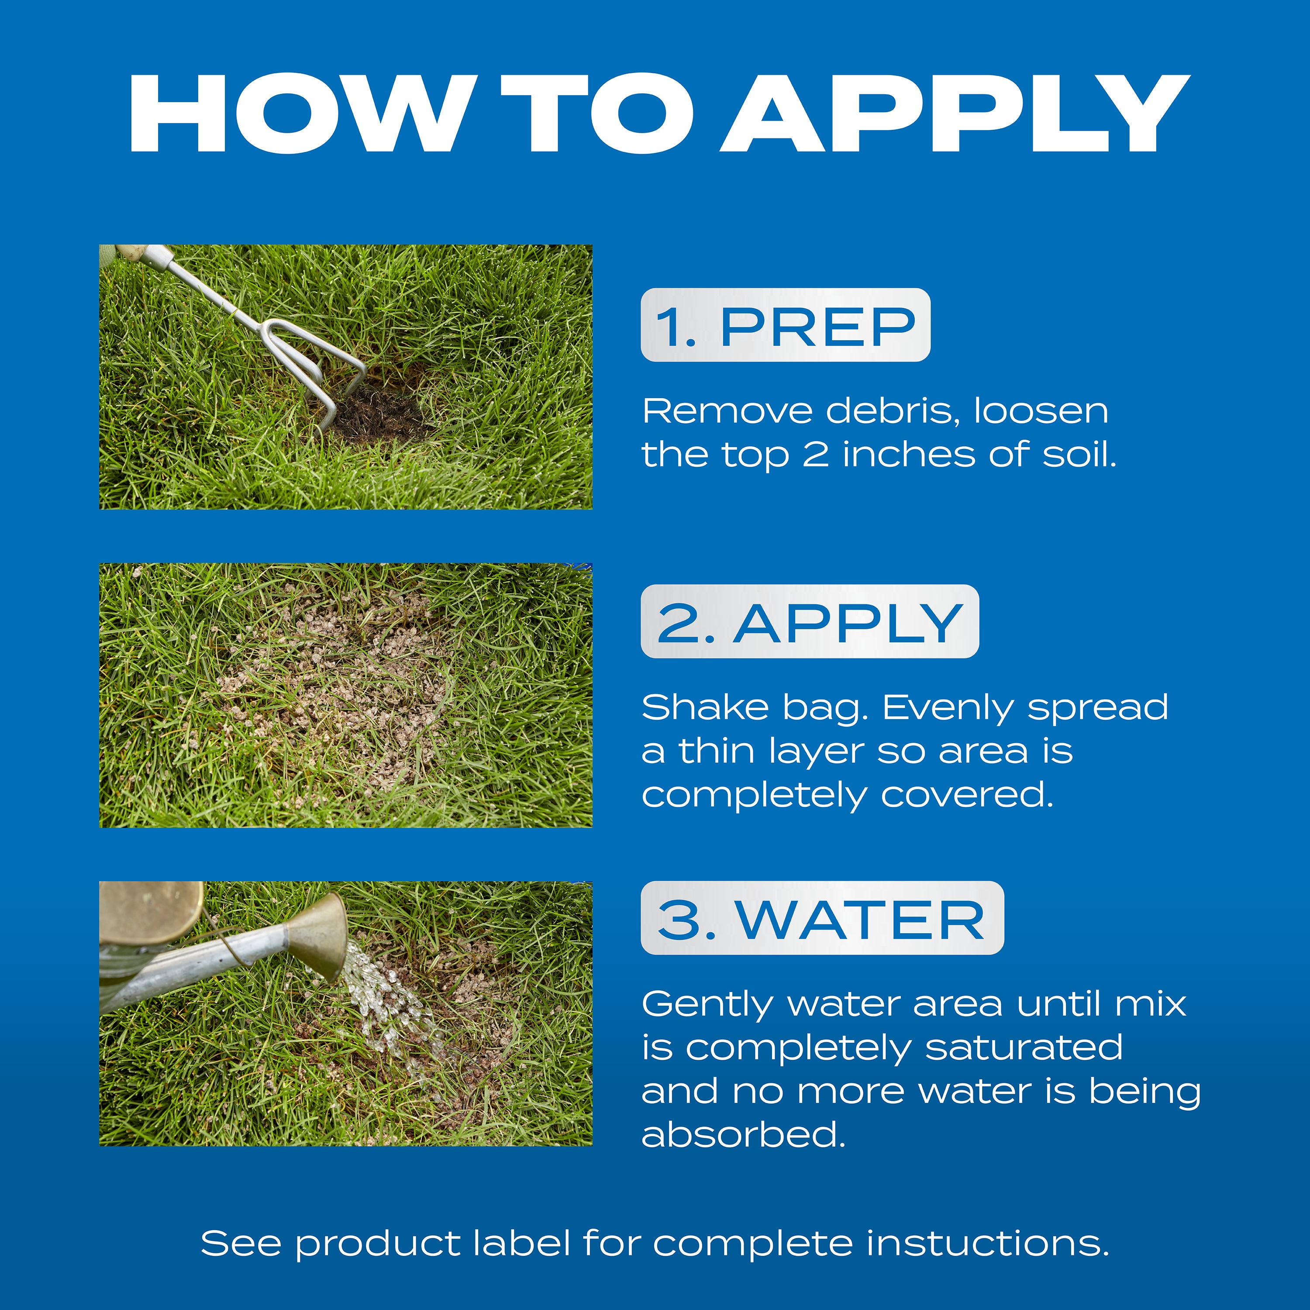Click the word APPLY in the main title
(x=955, y=114)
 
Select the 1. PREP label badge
(x=785, y=325)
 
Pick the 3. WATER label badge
(x=822, y=918)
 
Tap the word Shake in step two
(x=704, y=708)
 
